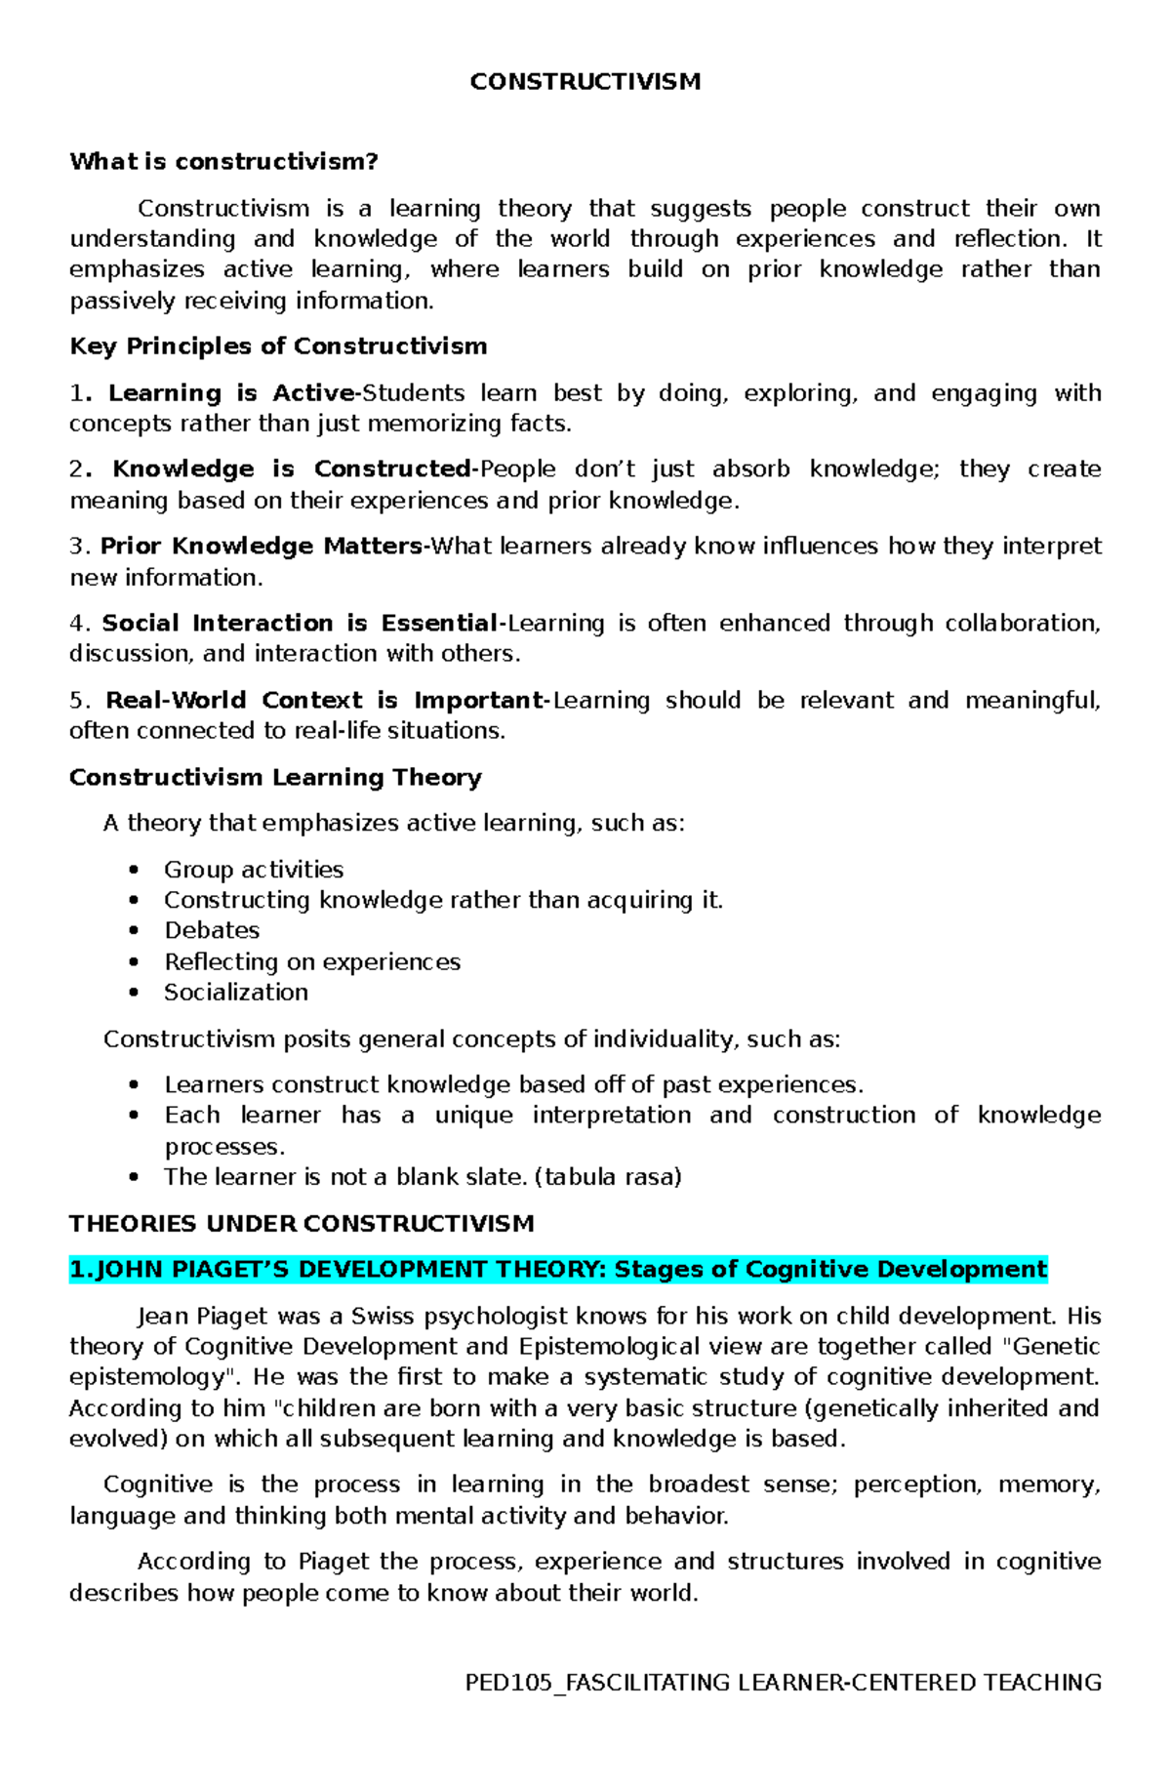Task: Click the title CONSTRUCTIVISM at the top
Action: pos(585,82)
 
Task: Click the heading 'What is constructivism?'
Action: pos(223,162)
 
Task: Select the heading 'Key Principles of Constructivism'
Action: pos(278,346)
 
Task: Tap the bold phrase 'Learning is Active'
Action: pos(232,393)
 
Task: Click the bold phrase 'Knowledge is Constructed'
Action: pos(293,469)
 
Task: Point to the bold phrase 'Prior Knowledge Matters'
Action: pos(262,547)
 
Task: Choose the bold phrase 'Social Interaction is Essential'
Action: pos(301,624)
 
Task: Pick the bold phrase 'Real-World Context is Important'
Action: pos(325,701)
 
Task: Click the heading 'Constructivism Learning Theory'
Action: pos(275,778)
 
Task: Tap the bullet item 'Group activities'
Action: pos(254,870)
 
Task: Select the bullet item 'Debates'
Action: pos(212,931)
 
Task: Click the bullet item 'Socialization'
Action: pos(236,993)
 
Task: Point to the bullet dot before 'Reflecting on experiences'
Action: pos(134,962)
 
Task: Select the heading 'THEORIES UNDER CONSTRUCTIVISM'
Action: pos(302,1224)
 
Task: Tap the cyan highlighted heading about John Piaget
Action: pos(558,1270)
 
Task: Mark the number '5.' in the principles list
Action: pos(79,701)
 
